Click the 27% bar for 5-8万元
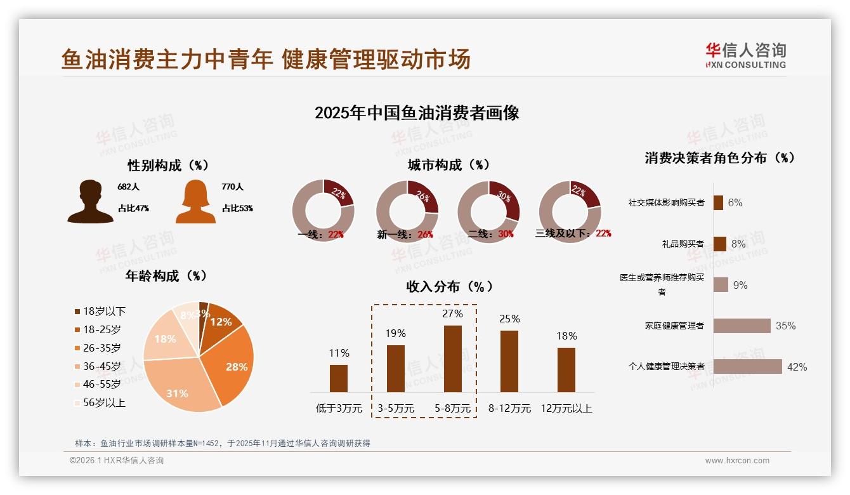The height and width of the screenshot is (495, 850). [x=452, y=359]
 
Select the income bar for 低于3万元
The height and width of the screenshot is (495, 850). [x=339, y=378]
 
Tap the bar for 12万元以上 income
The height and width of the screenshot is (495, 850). [x=566, y=369]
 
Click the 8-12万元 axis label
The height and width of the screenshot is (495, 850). [x=509, y=409]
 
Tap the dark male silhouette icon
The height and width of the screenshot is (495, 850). [x=90, y=201]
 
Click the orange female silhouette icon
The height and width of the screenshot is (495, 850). [x=195, y=201]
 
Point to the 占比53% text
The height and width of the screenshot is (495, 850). [x=237, y=208]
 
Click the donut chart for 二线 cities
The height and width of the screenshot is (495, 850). [x=488, y=211]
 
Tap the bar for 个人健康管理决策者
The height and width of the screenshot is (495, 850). [x=747, y=366]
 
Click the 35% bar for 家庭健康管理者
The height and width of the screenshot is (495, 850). [x=742, y=326]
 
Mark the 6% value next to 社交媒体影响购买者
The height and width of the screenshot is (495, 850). [x=735, y=202]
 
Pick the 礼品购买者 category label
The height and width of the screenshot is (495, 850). [x=683, y=244]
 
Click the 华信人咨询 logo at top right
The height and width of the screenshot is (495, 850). [x=745, y=55]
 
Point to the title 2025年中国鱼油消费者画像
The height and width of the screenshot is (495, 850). [x=417, y=113]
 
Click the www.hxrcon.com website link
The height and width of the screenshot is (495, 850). [x=737, y=461]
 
